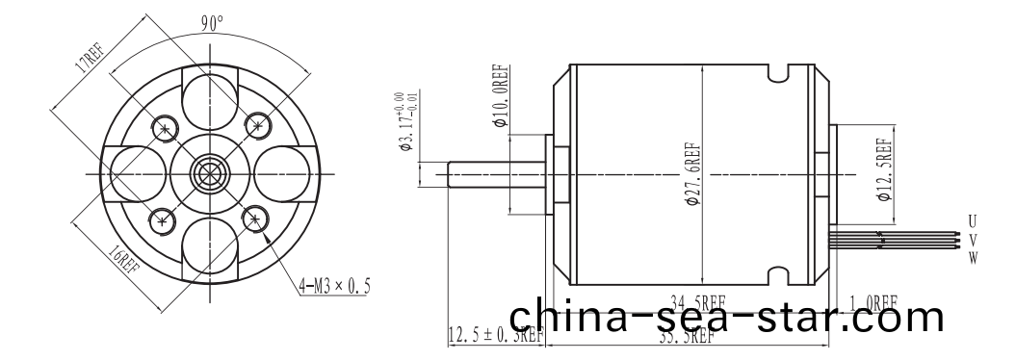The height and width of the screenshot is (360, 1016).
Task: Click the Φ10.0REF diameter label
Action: (500, 99)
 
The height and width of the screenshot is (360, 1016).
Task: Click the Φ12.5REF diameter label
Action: (882, 168)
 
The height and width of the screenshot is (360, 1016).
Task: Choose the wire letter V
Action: (974, 240)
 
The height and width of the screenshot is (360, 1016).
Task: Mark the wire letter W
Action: (974, 257)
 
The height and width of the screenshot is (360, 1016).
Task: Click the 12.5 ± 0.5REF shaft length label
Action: (497, 335)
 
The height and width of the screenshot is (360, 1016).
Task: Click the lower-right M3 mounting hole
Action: (254, 218)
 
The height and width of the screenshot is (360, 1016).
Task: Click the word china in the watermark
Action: (564, 317)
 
